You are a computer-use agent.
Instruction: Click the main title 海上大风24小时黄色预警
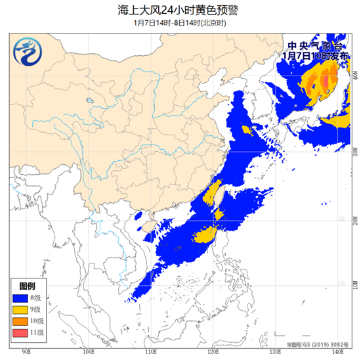click(x=180, y=9)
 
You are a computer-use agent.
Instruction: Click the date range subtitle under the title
click(x=180, y=22)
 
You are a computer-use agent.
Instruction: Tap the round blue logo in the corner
click(x=28, y=54)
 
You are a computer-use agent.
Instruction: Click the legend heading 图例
click(x=27, y=287)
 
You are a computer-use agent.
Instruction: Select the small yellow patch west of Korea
click(x=247, y=130)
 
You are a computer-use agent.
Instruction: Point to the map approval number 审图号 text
click(x=317, y=344)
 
